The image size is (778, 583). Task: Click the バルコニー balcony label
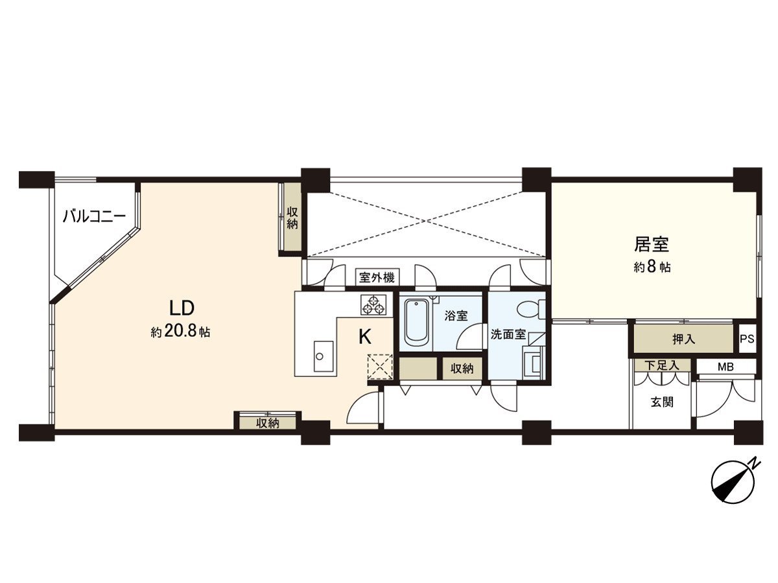[x=93, y=216]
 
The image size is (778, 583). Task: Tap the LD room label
[x=182, y=307]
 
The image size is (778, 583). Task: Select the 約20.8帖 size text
[x=180, y=332]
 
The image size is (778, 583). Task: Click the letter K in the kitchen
[x=365, y=336]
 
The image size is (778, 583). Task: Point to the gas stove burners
[x=373, y=304]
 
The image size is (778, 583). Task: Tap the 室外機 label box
[x=377, y=277]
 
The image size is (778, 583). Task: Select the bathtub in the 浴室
[x=416, y=323]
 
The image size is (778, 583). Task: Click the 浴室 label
[x=455, y=316]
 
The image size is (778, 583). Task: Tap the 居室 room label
[x=651, y=244]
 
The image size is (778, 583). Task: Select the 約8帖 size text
[x=652, y=267]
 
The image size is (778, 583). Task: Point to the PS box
[x=747, y=339]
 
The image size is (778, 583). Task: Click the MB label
[x=725, y=367]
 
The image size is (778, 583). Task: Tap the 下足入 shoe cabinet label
[x=661, y=365]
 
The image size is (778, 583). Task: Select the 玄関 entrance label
[x=661, y=402]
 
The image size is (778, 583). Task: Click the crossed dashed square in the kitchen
[x=380, y=367]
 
